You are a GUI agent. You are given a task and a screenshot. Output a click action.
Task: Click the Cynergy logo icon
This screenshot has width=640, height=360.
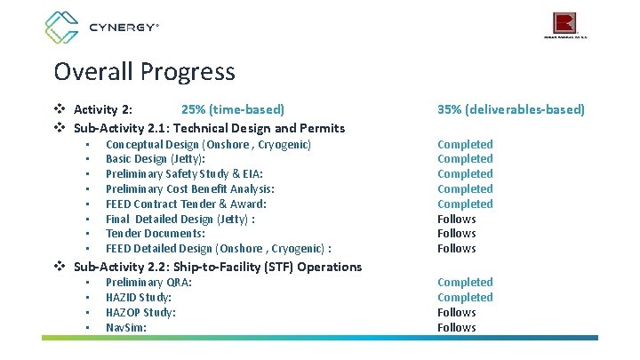(63, 28)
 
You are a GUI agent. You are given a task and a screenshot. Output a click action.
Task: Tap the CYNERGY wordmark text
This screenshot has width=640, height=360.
(123, 28)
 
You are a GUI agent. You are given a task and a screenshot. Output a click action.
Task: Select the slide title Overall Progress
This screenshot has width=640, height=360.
(144, 71)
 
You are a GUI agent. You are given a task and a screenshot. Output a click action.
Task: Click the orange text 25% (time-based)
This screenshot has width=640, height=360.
(233, 110)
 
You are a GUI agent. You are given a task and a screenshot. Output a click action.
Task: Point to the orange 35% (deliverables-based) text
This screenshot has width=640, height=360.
(511, 110)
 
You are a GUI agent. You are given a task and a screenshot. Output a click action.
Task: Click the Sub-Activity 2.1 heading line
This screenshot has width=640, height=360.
(209, 128)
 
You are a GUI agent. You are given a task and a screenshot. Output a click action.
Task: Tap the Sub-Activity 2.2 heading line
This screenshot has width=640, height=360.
(217, 267)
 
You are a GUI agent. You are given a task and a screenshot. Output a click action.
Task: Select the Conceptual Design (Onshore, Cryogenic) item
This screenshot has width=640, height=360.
(208, 144)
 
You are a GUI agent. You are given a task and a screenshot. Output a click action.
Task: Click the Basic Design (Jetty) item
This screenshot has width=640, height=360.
(156, 159)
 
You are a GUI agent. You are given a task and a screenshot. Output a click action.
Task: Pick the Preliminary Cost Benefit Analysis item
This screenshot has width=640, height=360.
(190, 189)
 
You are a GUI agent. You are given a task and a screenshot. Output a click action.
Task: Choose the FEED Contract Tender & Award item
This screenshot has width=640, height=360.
(186, 204)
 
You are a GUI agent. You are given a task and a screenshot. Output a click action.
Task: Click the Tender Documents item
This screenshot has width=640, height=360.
(156, 234)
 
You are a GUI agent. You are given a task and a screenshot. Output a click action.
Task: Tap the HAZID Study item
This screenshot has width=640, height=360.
(139, 298)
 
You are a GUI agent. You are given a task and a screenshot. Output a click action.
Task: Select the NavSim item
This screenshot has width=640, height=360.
(126, 328)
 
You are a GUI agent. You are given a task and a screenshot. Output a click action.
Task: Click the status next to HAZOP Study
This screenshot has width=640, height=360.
(457, 313)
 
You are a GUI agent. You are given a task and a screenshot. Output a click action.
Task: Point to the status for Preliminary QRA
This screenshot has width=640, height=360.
(465, 283)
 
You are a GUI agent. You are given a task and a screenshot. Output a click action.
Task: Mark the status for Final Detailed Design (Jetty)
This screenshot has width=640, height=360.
(457, 219)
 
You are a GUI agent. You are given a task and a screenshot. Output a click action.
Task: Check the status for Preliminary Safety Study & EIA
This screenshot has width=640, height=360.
(465, 174)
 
